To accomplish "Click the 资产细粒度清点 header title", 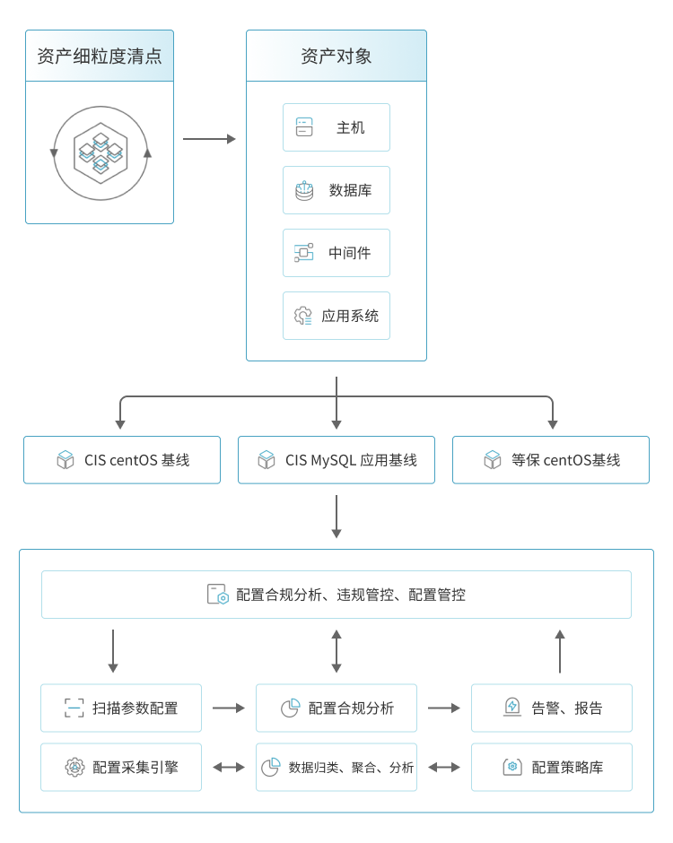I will coord(99,56).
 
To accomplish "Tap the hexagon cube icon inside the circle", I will coord(100,152).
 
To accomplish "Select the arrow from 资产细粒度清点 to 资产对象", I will coord(209,139).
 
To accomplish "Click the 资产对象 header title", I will coord(336,56).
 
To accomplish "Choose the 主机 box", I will coord(336,127).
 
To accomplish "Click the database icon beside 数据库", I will coord(304,190).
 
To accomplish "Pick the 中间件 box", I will coord(336,253).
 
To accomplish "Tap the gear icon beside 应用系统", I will coord(303,316).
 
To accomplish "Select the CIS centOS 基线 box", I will coord(122,460).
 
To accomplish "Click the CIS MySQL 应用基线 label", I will coord(351,460).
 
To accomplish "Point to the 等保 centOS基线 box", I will coord(550,460).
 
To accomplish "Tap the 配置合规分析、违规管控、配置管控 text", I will coord(351,595).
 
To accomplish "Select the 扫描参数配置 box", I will coord(121,708).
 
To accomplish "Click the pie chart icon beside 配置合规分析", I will coord(290,708).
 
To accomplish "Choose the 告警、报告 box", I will coord(551,708).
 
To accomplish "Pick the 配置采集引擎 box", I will coord(121,767).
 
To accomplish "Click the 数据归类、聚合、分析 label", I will coord(351,768).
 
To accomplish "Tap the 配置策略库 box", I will coord(551,767).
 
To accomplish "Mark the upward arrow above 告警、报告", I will coord(560,651).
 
